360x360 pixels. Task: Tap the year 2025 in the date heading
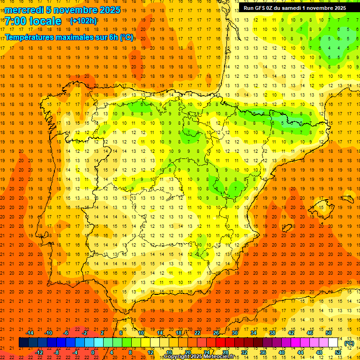[x=108, y=10]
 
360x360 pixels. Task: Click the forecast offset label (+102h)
[x=83, y=21]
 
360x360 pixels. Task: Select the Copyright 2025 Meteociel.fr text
[x=202, y=357]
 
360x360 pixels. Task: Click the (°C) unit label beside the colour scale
[x=349, y=343]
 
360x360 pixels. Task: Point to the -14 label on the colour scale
[x=30, y=333]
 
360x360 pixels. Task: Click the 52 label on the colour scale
[x=338, y=352]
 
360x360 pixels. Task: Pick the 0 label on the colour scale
[x=93, y=352]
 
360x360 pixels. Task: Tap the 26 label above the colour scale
[x=216, y=333]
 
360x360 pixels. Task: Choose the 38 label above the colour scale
[x=272, y=333]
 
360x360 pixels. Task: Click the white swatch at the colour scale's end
[x=333, y=343]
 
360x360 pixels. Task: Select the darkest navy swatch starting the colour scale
[x=23, y=343]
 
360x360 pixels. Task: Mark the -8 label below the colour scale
[x=57, y=352]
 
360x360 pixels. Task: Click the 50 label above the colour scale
[x=329, y=333]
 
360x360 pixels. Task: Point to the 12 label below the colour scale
[x=150, y=352]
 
